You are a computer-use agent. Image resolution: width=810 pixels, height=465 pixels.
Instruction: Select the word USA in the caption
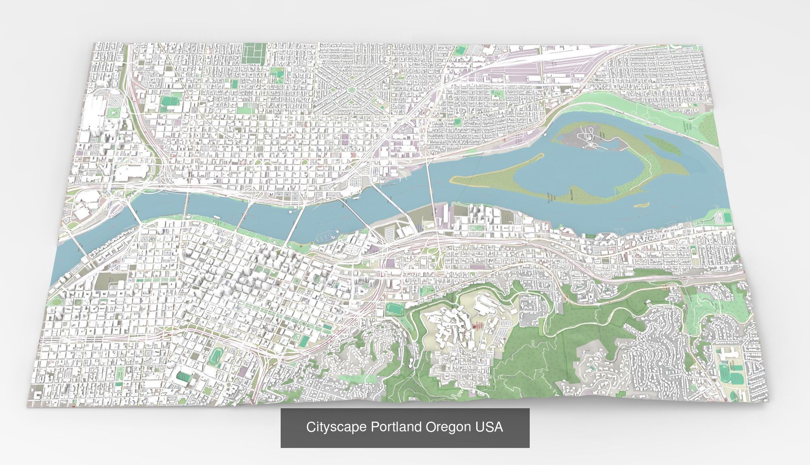coord(490,427)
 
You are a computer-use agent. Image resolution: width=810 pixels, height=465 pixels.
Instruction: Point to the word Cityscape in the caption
coord(336,427)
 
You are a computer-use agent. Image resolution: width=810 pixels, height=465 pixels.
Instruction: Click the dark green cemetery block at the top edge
coord(254,53)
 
